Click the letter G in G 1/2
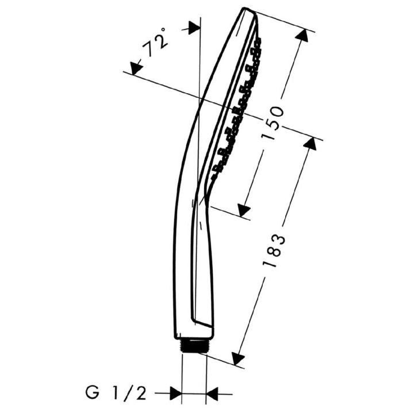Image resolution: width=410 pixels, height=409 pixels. [x=91, y=393]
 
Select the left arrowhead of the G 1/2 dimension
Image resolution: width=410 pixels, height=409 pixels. [x=175, y=394]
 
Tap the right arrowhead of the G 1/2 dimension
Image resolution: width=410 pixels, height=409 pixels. [x=213, y=394]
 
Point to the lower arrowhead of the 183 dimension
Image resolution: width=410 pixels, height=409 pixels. [x=237, y=357]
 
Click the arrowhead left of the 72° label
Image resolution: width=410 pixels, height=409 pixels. [x=136, y=68]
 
